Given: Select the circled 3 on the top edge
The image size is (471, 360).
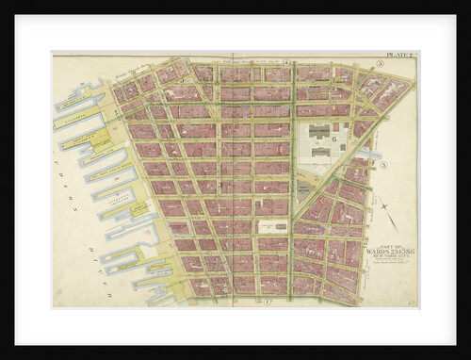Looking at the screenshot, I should (380, 64).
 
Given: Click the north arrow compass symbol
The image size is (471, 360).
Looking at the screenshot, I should (386, 216).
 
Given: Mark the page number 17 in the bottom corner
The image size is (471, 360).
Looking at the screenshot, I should (412, 302).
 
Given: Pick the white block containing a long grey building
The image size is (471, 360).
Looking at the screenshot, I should (272, 226).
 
